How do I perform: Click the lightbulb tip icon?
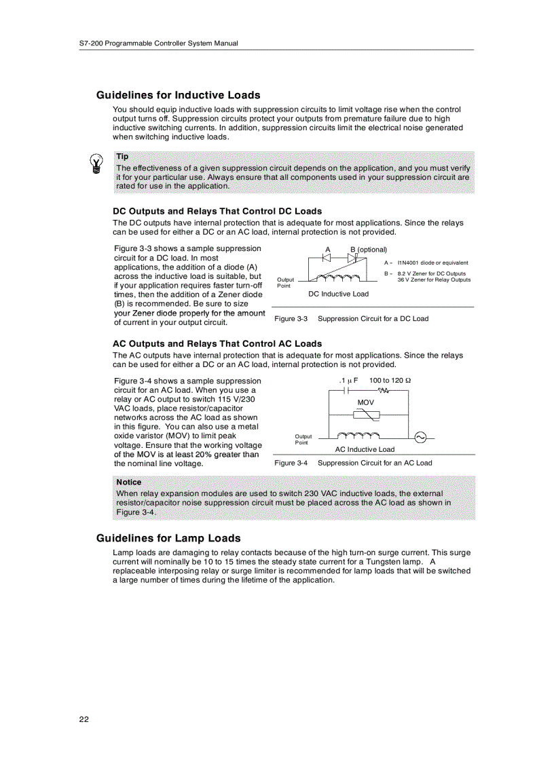(x=98, y=164)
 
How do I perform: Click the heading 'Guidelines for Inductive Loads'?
(x=178, y=95)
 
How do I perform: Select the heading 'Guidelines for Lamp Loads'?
(x=168, y=538)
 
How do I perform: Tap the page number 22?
(x=84, y=719)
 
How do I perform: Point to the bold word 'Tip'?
(x=122, y=156)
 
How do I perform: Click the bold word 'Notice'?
(x=129, y=482)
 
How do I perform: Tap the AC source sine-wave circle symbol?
(x=420, y=438)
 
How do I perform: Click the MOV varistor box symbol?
(x=366, y=414)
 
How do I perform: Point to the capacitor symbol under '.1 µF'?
(x=348, y=391)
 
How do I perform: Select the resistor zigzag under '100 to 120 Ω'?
(x=384, y=391)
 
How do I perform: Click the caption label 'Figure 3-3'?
(x=291, y=319)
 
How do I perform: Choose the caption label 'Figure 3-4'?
(x=291, y=463)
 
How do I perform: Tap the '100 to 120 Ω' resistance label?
(x=390, y=381)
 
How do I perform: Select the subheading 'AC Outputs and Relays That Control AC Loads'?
(x=217, y=343)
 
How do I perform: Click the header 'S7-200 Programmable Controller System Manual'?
(x=159, y=43)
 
